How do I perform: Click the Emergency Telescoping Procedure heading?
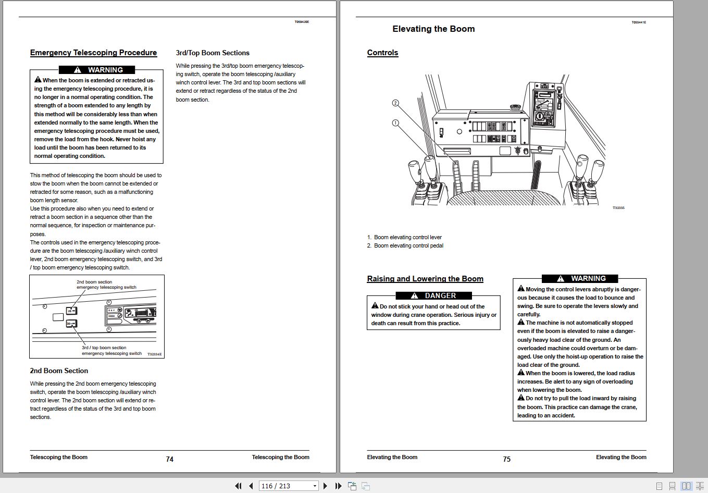click(93, 53)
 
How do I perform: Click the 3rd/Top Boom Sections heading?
click(213, 53)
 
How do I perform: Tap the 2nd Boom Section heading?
click(59, 371)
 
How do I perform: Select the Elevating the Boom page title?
click(433, 29)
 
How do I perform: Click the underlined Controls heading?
click(382, 53)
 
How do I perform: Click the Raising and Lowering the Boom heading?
click(425, 279)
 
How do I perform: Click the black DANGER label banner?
click(433, 295)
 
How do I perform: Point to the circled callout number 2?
click(395, 103)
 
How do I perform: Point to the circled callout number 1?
click(395, 123)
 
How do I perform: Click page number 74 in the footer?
click(169, 459)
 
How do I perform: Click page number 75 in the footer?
click(506, 459)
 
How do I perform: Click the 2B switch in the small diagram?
click(72, 311)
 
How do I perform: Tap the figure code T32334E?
click(154, 354)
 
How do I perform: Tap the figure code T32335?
click(618, 208)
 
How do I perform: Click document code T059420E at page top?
click(302, 22)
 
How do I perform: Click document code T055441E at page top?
click(639, 22)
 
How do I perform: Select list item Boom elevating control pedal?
click(408, 245)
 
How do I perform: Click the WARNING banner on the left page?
click(97, 70)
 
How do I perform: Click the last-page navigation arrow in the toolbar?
click(338, 486)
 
